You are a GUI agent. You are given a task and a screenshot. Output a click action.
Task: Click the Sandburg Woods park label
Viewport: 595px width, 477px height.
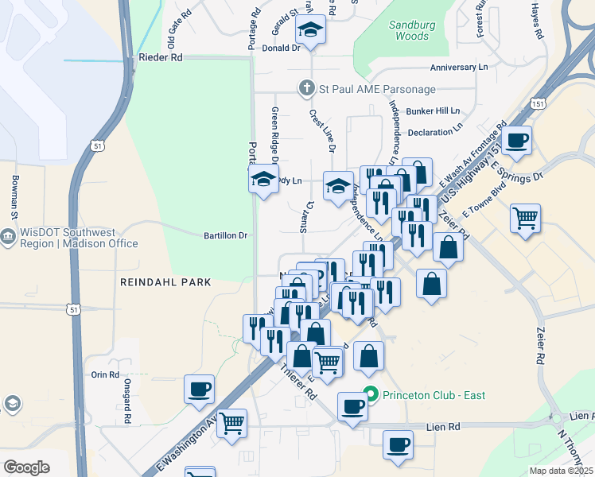point(413,30)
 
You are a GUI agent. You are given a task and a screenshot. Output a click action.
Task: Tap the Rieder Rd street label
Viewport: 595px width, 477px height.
point(161,57)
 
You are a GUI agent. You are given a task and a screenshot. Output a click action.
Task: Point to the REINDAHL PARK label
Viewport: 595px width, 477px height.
point(165,282)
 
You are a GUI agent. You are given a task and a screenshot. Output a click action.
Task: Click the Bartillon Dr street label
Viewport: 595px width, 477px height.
point(226,235)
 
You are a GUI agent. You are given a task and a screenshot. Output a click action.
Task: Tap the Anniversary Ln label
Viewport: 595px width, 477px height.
point(458,68)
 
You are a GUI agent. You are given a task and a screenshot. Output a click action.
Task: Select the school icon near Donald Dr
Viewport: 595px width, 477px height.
point(312,31)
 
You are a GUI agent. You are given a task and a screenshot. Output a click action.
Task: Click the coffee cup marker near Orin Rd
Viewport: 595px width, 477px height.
point(199,389)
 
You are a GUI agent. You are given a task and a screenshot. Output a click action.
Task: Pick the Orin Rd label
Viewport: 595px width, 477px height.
point(105,374)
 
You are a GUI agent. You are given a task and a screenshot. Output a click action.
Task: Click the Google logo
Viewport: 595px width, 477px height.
point(26,467)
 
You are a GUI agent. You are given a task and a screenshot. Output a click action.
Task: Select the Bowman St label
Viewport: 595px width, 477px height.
point(14,198)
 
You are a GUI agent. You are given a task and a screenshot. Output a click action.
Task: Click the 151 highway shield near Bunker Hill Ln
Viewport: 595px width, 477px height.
point(539,104)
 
